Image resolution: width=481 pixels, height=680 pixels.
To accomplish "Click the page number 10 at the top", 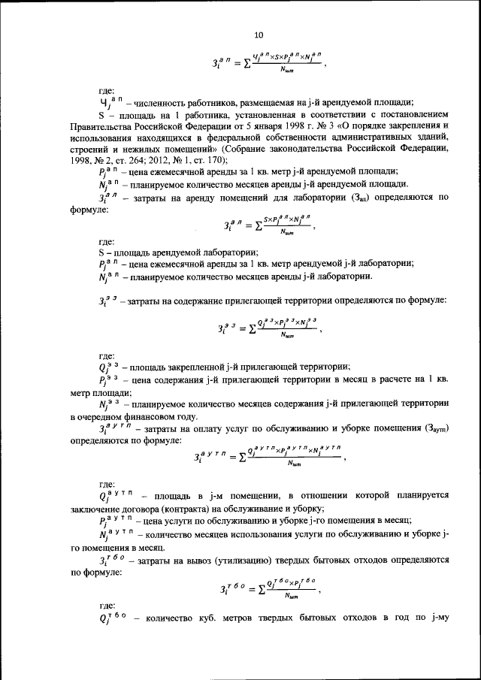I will coord(259,35).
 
